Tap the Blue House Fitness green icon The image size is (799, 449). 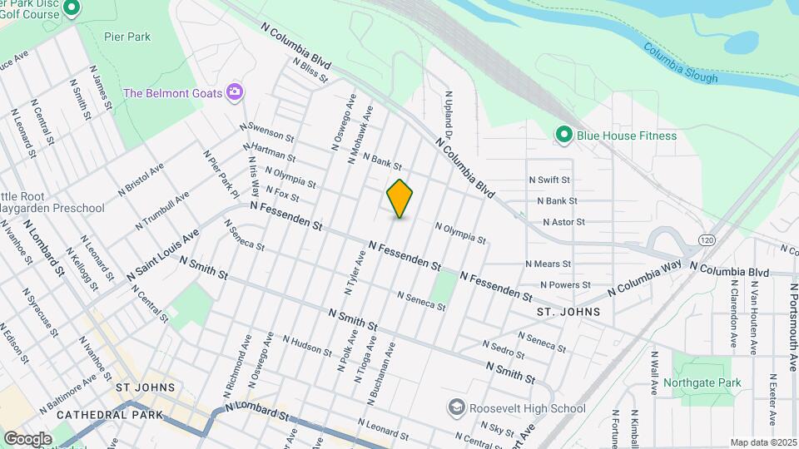click(563, 135)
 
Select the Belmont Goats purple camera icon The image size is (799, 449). click(236, 92)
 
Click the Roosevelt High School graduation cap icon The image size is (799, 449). click(455, 408)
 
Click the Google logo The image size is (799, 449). click(27, 438)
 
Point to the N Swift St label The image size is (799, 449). click(548, 180)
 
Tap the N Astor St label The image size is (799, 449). click(563, 222)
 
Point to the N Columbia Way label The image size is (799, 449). click(643, 279)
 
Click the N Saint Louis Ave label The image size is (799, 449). click(163, 256)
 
